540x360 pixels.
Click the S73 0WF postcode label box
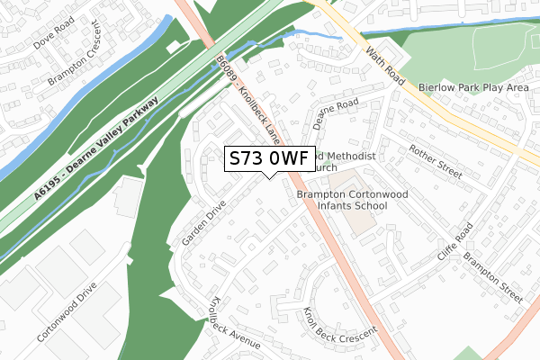269,158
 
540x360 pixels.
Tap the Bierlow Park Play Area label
473,88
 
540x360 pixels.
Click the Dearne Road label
336,112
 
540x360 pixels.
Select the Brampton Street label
492,276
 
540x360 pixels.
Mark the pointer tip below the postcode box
270,175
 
